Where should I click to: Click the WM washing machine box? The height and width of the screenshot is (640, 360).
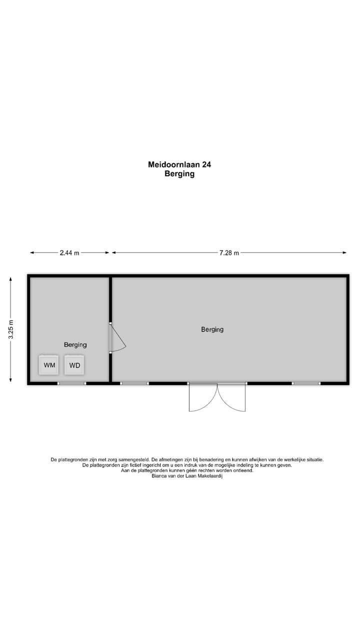[49, 365]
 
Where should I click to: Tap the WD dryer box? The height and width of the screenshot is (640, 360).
[74, 365]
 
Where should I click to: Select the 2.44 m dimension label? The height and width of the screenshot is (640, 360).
[69, 253]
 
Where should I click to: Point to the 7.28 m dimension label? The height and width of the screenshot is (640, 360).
[229, 253]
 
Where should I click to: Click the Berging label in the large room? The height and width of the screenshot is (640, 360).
[212, 329]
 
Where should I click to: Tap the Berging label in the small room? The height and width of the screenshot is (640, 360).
[75, 344]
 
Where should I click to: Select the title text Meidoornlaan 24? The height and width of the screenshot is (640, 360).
[179, 164]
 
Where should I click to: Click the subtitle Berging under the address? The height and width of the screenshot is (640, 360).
[179, 174]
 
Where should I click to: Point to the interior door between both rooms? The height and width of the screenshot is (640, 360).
[116, 338]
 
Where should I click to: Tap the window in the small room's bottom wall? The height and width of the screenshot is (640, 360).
[71, 383]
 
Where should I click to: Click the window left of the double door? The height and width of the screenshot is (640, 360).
[134, 383]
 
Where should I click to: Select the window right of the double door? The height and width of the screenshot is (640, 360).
[306, 383]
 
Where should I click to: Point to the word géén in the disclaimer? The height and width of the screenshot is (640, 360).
[190, 470]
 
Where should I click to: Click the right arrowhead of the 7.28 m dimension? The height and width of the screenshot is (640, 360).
[344, 253]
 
